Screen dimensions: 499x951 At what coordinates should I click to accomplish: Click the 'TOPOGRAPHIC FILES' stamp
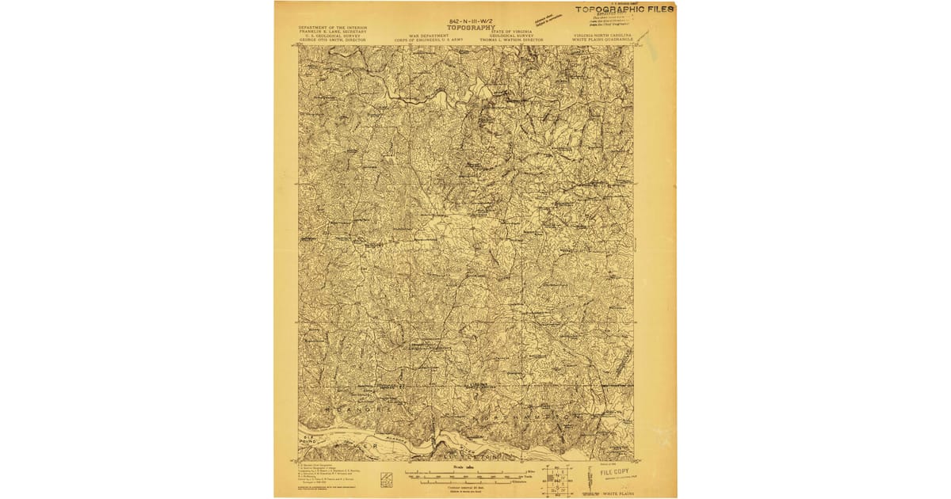[624, 10]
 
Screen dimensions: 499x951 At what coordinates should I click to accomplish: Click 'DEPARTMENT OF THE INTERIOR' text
[333, 27]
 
